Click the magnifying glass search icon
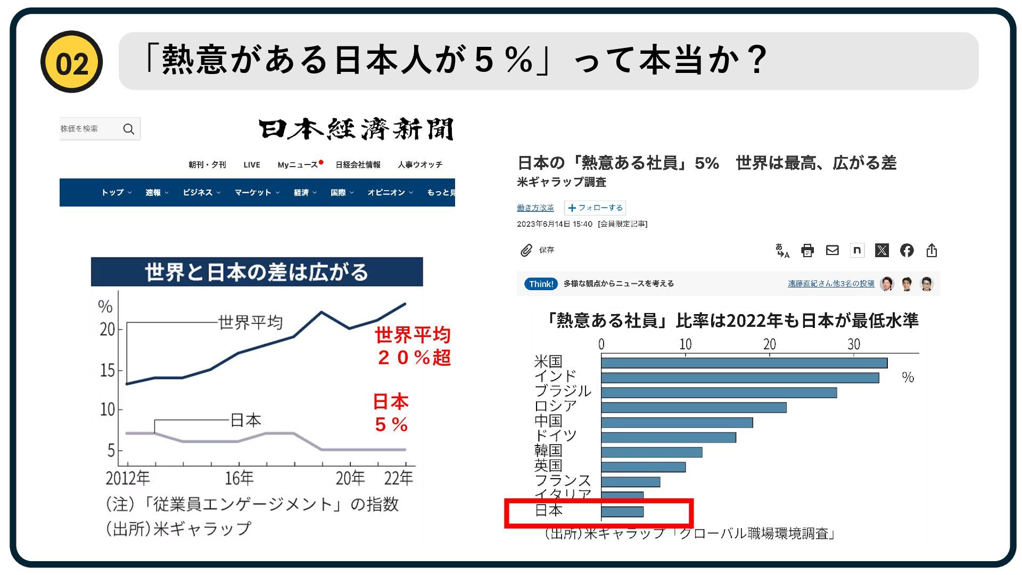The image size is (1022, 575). point(128,129)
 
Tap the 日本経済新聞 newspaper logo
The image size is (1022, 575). point(356,129)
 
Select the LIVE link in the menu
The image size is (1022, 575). point(252,165)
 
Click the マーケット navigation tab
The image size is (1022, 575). point(253,193)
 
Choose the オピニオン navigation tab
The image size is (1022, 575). point(386,193)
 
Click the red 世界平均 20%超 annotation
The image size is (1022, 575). point(413,346)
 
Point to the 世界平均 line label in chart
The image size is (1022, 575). point(250,322)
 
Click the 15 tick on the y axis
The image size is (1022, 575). point(108,371)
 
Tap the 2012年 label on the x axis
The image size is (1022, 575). point(128,478)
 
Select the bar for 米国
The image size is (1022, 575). point(744,363)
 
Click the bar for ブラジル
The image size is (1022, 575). point(719,393)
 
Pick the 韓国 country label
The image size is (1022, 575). point(548,451)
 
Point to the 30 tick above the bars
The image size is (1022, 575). point(854,344)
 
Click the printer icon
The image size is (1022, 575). point(807,250)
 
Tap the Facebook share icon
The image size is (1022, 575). point(907,250)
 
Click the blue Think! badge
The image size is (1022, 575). point(541,284)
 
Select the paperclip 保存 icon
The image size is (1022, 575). point(526,250)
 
